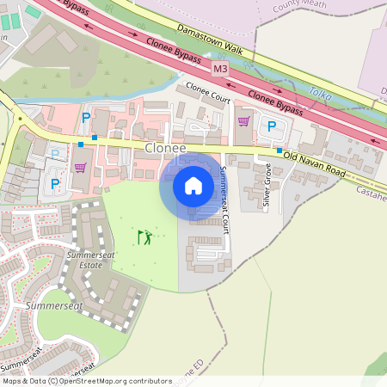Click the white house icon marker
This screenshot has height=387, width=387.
coord(193,185)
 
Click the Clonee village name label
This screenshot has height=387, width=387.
coord(164,148)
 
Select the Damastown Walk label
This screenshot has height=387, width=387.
coord(210,40)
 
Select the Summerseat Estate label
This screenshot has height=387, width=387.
coord(83,261)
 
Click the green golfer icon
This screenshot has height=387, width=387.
coord(145,236)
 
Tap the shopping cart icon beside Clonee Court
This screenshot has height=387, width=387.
coord(243,121)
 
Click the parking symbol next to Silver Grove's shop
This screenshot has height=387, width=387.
coord(273,127)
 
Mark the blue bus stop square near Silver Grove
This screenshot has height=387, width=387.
coord(279,150)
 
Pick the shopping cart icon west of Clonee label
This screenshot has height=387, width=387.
coord(80,168)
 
